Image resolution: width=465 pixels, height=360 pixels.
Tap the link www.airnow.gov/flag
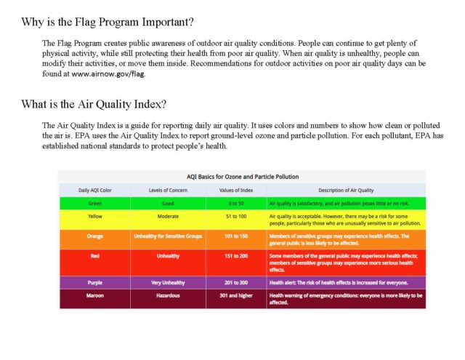click(x=108, y=74)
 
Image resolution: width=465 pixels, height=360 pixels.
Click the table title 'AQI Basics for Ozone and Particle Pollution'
click(x=242, y=177)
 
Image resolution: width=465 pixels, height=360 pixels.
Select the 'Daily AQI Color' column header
click(x=94, y=190)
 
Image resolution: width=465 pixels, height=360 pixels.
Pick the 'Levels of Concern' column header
click(x=168, y=190)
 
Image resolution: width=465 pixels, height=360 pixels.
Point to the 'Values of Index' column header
click(x=236, y=190)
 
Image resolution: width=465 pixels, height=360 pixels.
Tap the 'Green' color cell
click(x=94, y=203)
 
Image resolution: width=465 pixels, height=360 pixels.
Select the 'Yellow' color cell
click(x=94, y=217)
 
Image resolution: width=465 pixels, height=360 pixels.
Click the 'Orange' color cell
click(x=94, y=236)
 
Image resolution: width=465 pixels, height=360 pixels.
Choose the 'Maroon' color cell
click(x=94, y=296)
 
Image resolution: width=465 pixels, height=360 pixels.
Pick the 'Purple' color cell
click(x=94, y=282)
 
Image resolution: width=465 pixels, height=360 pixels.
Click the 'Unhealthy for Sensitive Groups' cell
click(x=168, y=236)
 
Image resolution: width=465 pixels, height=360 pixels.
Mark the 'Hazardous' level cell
click(x=168, y=296)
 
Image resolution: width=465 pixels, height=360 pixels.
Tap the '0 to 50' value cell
click(x=236, y=203)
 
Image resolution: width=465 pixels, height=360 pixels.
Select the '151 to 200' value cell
click(x=236, y=256)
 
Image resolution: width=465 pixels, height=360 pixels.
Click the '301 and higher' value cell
click(x=236, y=296)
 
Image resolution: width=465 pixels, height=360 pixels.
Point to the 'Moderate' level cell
click(x=168, y=217)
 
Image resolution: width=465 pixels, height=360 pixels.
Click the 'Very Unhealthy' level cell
click(x=168, y=282)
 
